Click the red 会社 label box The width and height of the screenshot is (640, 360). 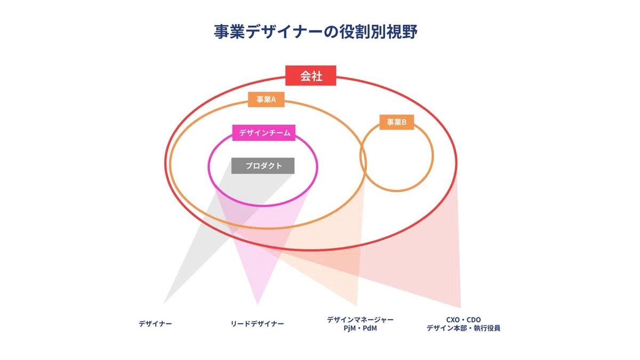click(310, 75)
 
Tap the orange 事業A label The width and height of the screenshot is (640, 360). click(266, 99)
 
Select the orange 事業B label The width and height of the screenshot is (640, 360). click(397, 122)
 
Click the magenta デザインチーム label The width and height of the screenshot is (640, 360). click(263, 133)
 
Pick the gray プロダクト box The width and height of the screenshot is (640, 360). click(263, 166)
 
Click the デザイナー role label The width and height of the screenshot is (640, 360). click(155, 324)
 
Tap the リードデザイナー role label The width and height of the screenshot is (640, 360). click(257, 324)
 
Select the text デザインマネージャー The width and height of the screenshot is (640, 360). click(360, 319)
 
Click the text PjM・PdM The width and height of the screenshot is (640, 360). click(360, 329)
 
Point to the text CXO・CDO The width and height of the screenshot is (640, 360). click(463, 319)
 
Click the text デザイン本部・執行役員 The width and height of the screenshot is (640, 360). click(463, 329)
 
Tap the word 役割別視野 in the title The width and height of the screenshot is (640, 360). click(378, 31)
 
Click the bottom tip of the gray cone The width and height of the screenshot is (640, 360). click(163, 303)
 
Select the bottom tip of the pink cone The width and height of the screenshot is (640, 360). click(258, 305)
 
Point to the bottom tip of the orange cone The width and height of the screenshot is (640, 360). click(357, 306)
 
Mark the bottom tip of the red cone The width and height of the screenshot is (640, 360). click(461, 308)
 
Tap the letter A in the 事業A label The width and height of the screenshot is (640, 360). click(274, 99)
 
